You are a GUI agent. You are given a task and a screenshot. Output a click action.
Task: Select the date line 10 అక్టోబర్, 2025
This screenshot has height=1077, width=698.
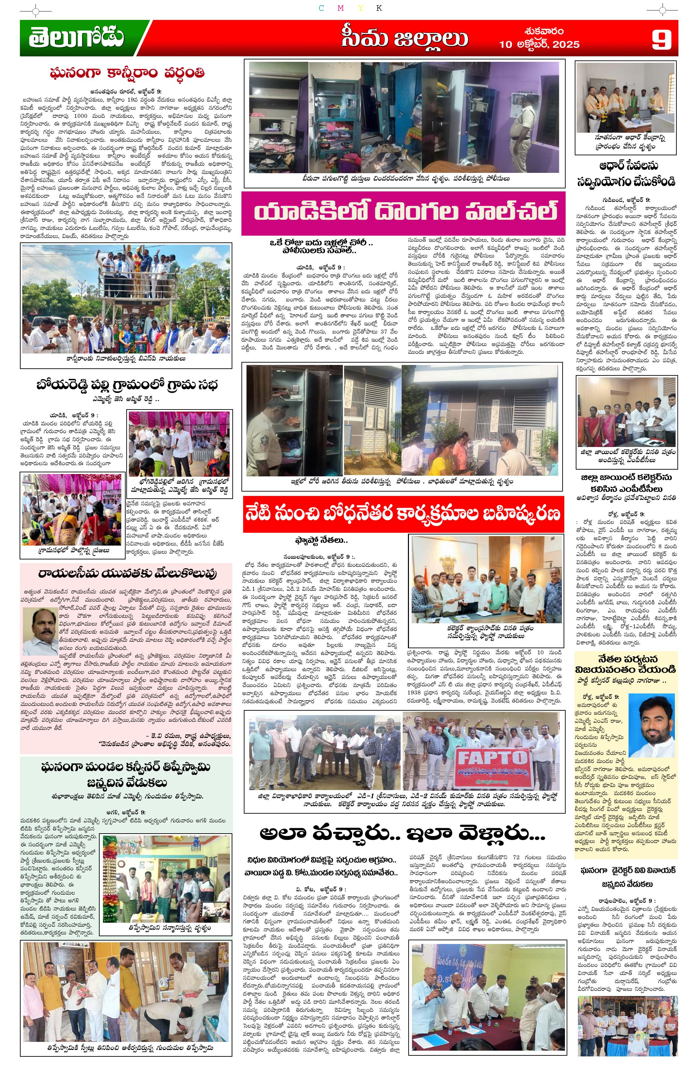coord(539,44)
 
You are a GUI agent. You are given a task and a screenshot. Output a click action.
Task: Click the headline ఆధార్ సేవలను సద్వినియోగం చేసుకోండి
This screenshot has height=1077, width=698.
coord(626,174)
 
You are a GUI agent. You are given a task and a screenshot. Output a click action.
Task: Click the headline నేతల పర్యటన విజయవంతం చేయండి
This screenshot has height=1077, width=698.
coord(626,663)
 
